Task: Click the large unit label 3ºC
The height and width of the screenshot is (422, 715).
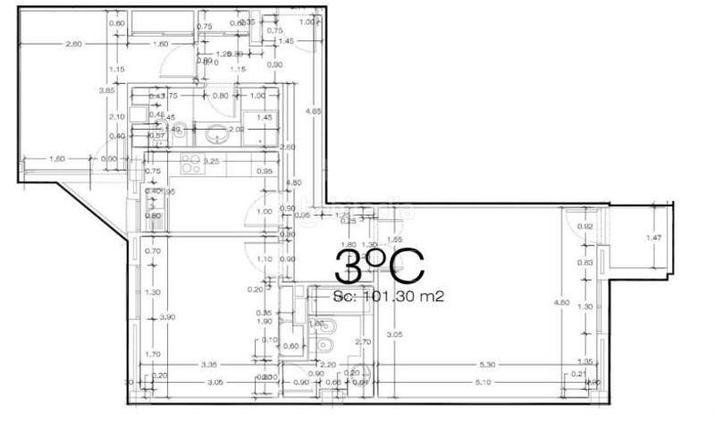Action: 376,266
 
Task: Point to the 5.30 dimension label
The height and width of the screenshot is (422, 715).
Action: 488,364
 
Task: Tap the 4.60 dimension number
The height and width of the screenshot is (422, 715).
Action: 562,303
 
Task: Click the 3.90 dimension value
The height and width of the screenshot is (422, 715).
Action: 165,317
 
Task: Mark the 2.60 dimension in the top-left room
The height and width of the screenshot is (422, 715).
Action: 73,44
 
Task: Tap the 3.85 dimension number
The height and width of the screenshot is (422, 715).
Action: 106,89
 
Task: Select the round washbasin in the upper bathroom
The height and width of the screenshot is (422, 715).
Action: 216,135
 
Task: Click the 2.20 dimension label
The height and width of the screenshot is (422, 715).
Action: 328,364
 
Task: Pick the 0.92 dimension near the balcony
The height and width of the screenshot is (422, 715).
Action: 585,226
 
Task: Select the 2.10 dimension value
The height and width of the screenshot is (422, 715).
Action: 115,116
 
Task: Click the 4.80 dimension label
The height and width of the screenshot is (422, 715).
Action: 291,182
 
